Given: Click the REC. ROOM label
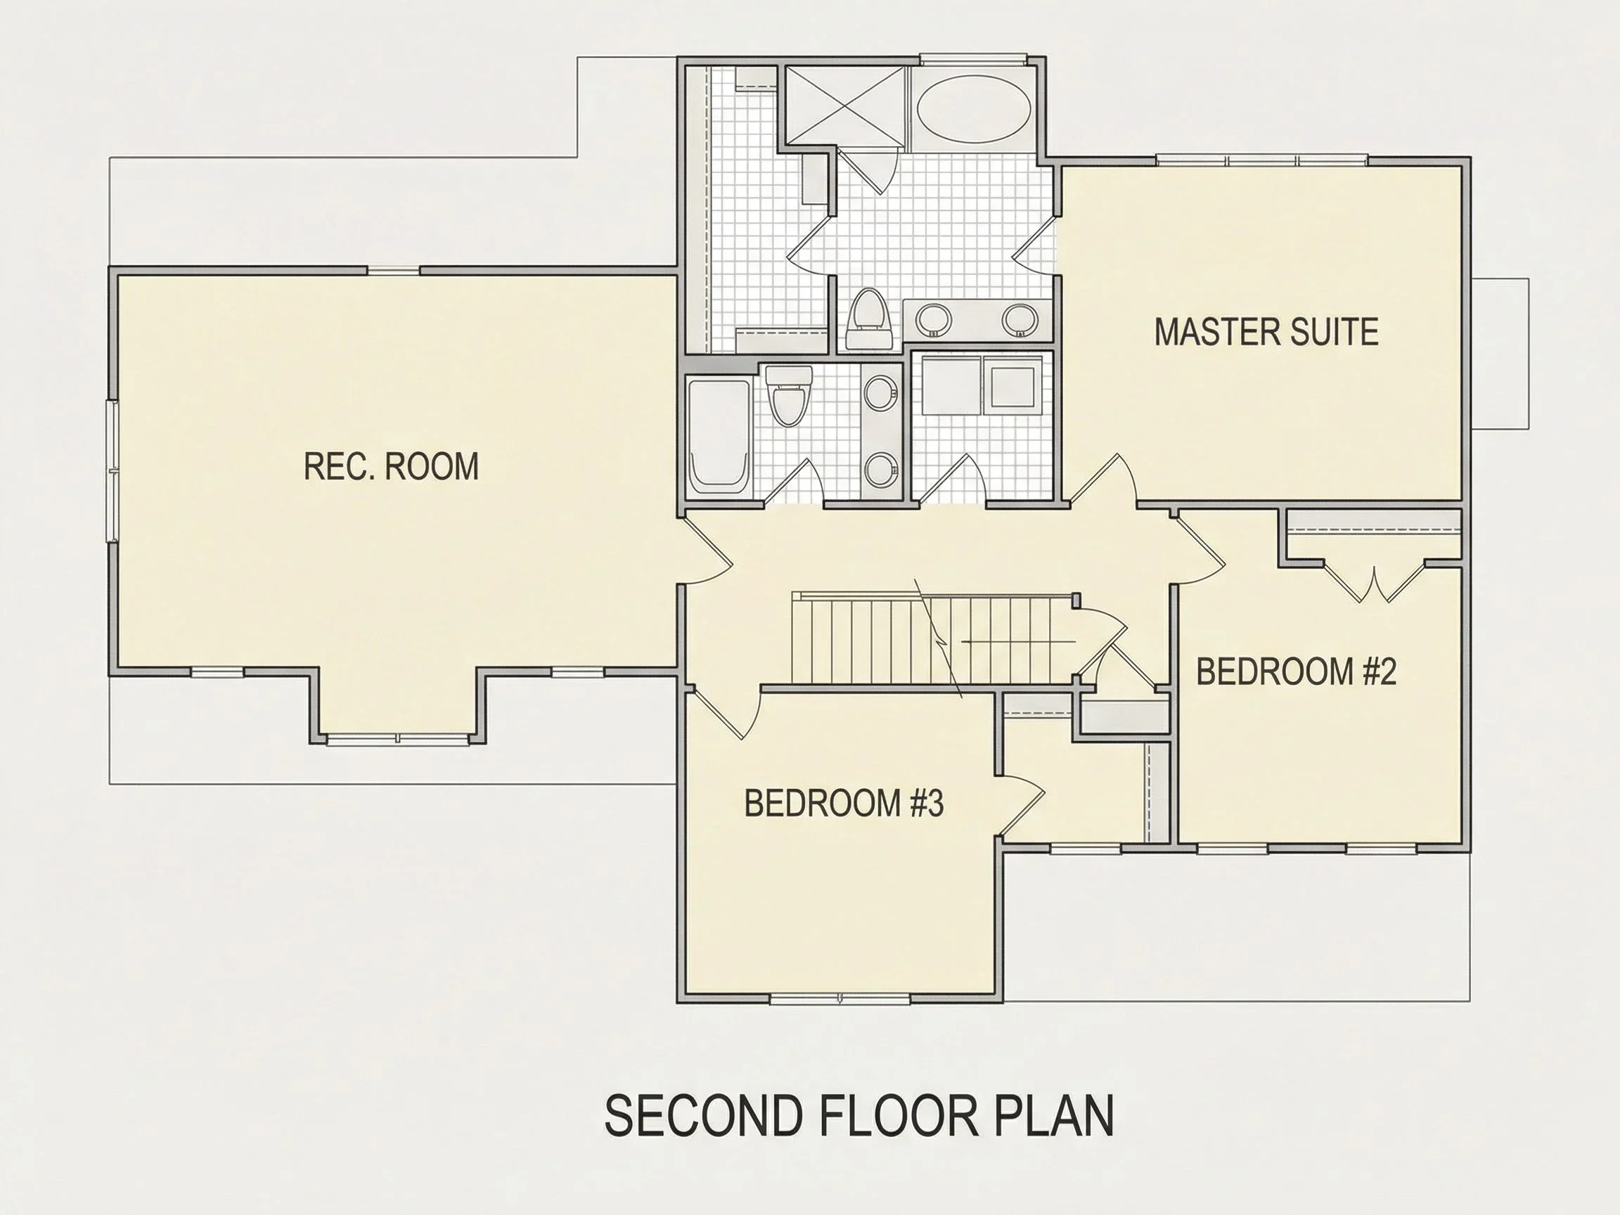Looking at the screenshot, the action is click(x=391, y=466).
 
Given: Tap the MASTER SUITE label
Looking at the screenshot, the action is click(x=1266, y=332).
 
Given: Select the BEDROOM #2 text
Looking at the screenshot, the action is click(x=1297, y=671).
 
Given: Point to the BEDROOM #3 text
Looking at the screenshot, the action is click(x=844, y=803).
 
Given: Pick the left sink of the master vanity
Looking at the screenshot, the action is click(x=934, y=319).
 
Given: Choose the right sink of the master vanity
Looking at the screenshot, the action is click(x=1020, y=319).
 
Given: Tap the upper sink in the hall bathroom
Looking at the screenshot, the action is click(x=881, y=393).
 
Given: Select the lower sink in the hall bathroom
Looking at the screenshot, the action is click(x=881, y=470).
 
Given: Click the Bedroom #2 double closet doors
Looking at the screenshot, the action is click(x=1375, y=583).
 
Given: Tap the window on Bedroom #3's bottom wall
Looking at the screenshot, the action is click(x=840, y=998).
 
